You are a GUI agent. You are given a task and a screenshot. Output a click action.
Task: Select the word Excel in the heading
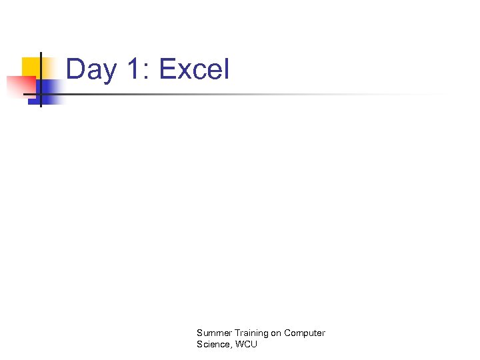[195, 69]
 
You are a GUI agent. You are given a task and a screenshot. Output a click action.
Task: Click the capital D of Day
[75, 69]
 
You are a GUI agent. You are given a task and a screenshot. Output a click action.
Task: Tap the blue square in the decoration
[51, 91]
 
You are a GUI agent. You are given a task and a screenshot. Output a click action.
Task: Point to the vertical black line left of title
[40, 79]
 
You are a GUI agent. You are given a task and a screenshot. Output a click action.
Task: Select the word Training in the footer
[249, 333]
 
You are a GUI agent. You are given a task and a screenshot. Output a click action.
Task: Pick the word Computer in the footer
[305, 333]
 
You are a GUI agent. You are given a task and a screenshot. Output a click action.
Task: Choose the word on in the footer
[276, 333]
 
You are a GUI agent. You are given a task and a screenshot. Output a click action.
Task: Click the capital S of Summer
[199, 333]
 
